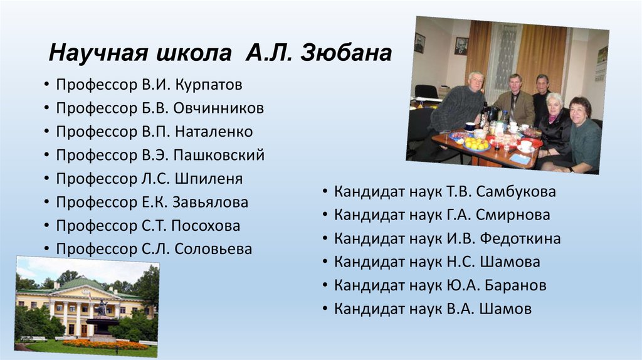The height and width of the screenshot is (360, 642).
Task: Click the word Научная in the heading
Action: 93,53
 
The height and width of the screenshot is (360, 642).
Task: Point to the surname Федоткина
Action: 520,239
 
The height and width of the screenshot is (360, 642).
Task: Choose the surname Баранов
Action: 513,286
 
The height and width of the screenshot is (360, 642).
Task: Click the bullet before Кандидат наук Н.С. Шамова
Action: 325,263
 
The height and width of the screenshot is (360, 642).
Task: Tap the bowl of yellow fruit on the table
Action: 476,144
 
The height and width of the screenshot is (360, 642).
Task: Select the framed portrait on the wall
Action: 461,46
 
